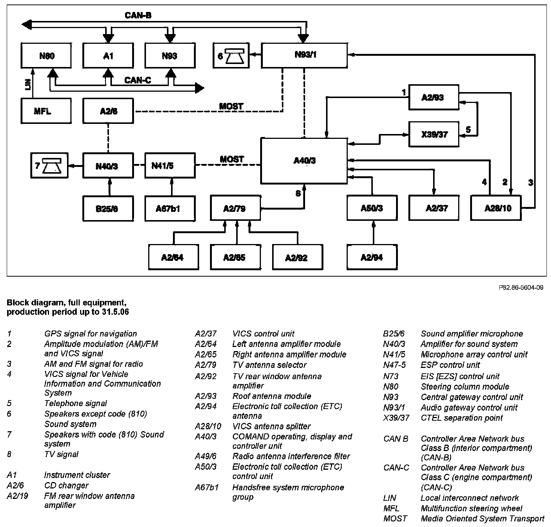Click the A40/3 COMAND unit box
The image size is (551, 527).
[x=304, y=161]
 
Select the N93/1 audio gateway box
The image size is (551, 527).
[x=304, y=55]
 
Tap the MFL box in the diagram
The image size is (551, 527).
[x=46, y=111]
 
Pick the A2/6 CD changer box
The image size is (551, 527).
[x=108, y=111]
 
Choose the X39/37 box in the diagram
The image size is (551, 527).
[x=433, y=134]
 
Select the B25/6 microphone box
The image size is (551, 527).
[x=108, y=208]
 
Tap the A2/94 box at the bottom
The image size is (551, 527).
[x=372, y=257]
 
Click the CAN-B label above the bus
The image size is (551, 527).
[x=138, y=16]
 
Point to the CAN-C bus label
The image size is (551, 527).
[x=138, y=80]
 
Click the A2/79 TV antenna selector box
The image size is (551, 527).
[x=235, y=208]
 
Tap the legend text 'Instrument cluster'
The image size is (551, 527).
[x=77, y=475]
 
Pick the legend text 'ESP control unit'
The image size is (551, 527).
[x=450, y=365]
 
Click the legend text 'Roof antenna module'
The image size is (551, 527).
[x=272, y=396]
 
